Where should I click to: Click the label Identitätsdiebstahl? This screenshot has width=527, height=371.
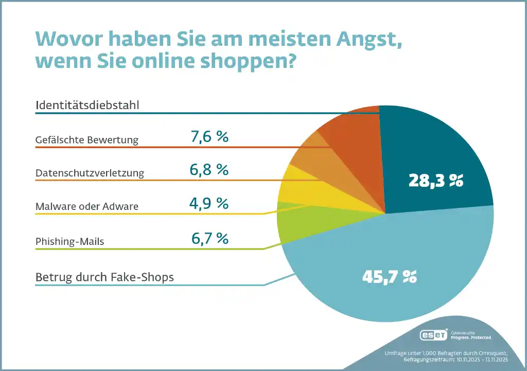pos(87,105)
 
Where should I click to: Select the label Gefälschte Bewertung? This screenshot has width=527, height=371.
pos(87,139)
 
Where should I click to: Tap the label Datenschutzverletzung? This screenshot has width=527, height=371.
pos(90,173)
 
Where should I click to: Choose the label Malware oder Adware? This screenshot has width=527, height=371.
pos(87,206)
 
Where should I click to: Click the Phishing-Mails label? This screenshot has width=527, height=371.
pos(69,241)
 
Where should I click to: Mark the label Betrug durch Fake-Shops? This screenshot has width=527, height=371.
pos(104,277)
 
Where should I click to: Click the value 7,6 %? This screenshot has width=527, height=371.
pos(209,137)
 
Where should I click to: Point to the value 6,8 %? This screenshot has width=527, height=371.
pos(209,170)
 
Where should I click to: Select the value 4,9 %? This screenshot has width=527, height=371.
pos(209,203)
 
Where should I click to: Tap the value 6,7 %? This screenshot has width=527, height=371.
pos(209,238)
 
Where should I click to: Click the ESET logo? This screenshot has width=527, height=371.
pos(433,335)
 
